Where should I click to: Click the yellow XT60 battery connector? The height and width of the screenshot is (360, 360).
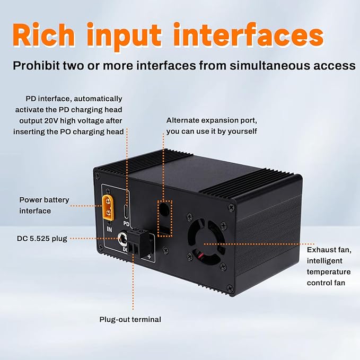(x=108, y=207)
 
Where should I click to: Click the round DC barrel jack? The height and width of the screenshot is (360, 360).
(x=122, y=239)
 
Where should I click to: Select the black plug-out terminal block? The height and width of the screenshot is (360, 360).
(x=138, y=243)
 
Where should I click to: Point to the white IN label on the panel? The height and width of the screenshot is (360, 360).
(x=110, y=229)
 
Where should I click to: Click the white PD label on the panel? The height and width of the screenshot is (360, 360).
(x=126, y=223)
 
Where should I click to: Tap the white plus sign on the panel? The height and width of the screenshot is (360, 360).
(x=149, y=257)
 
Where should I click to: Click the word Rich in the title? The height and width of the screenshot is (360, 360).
(x=43, y=35)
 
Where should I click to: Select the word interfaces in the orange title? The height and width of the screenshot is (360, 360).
(x=249, y=35)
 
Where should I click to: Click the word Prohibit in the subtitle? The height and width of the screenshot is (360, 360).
(x=37, y=65)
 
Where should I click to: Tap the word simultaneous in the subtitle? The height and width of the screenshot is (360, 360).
(x=270, y=65)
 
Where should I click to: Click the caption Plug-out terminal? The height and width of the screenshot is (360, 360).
(x=130, y=319)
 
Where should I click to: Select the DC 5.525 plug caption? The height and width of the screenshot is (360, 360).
(x=42, y=239)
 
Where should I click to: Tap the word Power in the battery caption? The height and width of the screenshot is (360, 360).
(x=30, y=200)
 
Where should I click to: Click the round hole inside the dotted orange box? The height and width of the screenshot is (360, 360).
(x=164, y=208)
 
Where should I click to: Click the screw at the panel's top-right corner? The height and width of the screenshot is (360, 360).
(x=231, y=207)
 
